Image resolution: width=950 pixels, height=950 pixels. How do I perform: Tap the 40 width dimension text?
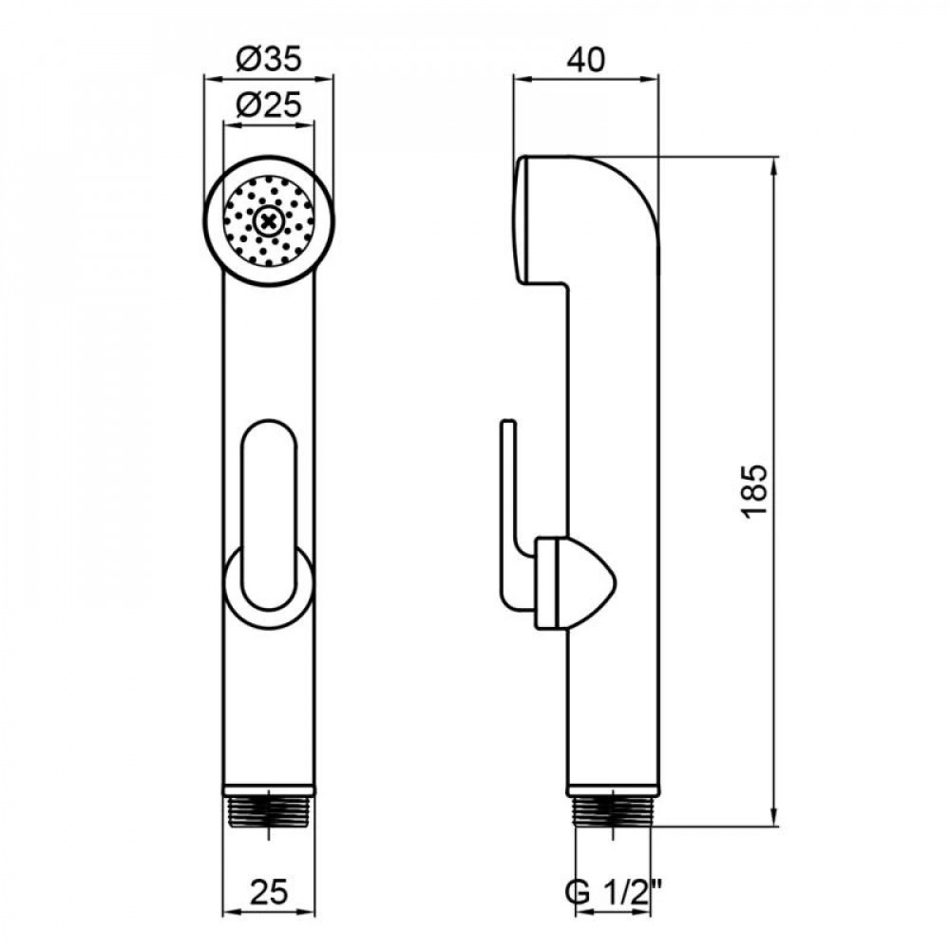[x=586, y=60]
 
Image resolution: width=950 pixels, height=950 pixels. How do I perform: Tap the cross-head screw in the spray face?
[x=269, y=222]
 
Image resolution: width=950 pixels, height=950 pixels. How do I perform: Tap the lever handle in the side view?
[x=511, y=513]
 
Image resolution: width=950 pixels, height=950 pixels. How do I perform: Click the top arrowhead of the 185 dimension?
[x=777, y=164]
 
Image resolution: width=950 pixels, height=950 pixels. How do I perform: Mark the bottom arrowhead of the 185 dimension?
[x=777, y=819]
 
